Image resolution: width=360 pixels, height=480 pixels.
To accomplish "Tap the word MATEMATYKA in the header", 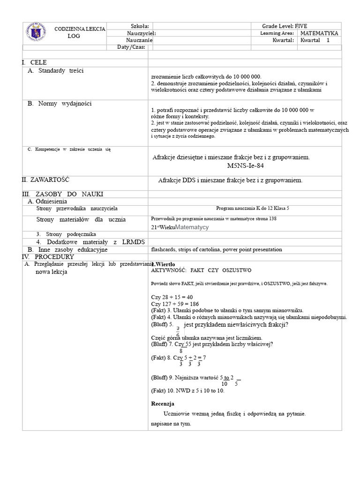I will [x=319, y=33].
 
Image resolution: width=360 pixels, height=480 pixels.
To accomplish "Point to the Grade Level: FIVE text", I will [x=285, y=26].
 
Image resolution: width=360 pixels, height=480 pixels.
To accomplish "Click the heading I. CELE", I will [x=34, y=62].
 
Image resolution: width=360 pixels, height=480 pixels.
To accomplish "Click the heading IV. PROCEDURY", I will [x=48, y=257].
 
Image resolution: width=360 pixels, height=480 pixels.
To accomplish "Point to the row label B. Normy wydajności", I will [x=60, y=104].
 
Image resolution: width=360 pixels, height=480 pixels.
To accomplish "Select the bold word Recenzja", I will [x=163, y=404].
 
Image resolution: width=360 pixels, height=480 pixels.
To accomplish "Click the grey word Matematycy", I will [x=192, y=227].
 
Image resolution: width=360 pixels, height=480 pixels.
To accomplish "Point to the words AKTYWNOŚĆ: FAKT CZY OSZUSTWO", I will [x=201, y=270].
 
